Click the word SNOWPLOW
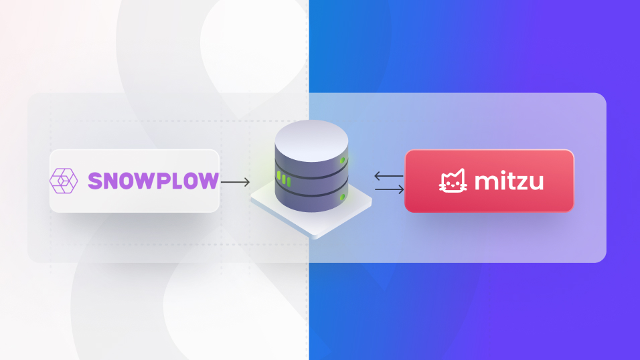[153, 181]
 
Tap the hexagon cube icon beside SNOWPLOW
[64, 181]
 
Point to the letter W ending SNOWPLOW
[210, 181]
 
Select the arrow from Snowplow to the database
[235, 181]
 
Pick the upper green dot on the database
[343, 161]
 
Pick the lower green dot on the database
[343, 196]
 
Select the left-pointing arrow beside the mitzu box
[389, 176]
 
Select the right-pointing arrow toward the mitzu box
[389, 189]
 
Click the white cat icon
[453, 181]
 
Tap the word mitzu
[509, 181]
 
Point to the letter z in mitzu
[524, 183]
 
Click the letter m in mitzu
[485, 183]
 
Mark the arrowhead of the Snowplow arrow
[247, 181]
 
